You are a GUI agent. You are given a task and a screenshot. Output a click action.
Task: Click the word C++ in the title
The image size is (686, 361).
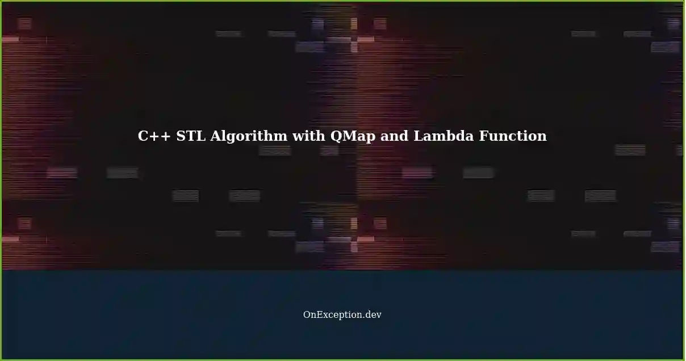tap(154, 136)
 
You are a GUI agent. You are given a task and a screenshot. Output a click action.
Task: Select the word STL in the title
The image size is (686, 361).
tap(191, 136)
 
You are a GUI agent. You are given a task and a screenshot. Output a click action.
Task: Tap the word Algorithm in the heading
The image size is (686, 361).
tap(249, 137)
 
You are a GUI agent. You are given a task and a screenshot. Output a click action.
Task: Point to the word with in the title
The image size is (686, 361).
tap(309, 136)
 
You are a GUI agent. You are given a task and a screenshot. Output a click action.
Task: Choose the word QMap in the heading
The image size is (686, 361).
tap(353, 137)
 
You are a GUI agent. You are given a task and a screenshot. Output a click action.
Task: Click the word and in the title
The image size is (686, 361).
tap(395, 136)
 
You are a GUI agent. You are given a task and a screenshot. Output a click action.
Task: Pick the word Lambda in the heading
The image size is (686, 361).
tap(444, 136)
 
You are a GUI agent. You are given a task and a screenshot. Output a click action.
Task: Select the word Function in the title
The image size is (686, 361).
tap(513, 136)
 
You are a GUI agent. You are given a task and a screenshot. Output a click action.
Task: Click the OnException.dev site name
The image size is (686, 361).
tap(342, 315)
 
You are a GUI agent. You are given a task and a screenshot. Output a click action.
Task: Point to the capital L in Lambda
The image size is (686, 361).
tap(419, 136)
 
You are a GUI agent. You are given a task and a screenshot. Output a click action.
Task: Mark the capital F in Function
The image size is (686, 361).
tap(484, 136)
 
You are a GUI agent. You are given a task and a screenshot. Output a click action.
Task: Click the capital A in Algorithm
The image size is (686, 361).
tap(216, 136)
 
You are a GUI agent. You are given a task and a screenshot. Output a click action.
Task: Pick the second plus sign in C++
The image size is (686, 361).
tap(166, 137)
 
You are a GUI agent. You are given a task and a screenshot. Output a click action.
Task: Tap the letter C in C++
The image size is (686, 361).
tap(144, 136)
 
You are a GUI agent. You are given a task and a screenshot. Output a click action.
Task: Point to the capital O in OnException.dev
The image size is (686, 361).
tap(307, 314)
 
